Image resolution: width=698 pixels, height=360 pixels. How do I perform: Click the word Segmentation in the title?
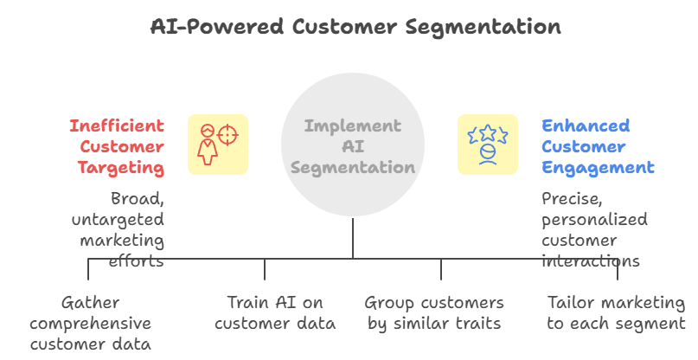[x=491, y=26]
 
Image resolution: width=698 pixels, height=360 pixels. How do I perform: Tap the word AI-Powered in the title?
[x=215, y=26]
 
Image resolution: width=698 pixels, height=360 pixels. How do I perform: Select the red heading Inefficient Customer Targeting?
[x=117, y=146]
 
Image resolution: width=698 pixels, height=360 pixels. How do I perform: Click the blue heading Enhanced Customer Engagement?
[x=598, y=146]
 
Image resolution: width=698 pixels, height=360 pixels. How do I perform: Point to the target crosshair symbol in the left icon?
[x=227, y=135]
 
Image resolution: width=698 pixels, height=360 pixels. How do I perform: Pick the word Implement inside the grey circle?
[x=352, y=126]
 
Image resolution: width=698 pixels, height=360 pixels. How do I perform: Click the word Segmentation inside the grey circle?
[x=352, y=167]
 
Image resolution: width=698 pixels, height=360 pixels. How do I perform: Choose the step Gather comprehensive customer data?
[x=90, y=324]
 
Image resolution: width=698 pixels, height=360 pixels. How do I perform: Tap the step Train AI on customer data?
[x=265, y=313]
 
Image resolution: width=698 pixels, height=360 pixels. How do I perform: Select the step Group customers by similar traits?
[x=434, y=313]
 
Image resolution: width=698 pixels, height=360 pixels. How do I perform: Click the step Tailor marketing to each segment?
[x=616, y=313]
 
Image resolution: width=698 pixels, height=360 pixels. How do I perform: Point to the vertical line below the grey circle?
[x=353, y=238]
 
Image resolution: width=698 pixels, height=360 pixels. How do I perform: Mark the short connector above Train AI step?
[x=265, y=269]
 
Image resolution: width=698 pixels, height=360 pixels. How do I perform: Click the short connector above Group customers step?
[x=441, y=269]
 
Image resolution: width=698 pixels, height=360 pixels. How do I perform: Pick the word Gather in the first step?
[x=90, y=303]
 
